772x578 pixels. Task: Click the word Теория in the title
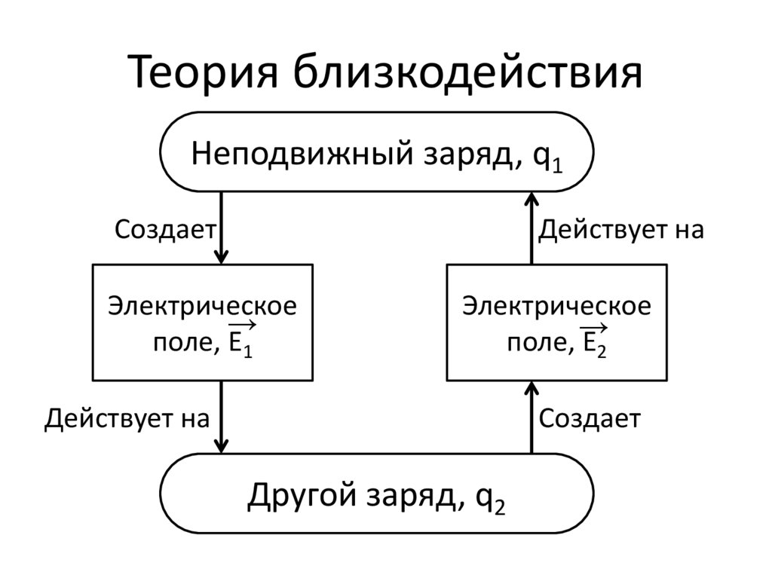(x=203, y=72)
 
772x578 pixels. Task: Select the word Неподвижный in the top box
(x=302, y=153)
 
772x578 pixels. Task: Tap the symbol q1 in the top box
(x=547, y=158)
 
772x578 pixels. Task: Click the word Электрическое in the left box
(x=202, y=306)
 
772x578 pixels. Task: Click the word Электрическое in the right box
(x=556, y=306)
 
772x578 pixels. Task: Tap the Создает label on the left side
(x=165, y=229)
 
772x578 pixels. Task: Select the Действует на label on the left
(x=127, y=419)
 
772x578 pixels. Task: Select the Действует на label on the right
(x=621, y=230)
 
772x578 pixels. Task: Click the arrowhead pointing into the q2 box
(x=221, y=446)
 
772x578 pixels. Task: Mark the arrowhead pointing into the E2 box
(x=532, y=388)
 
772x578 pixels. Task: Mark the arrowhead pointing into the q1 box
(x=532, y=200)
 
